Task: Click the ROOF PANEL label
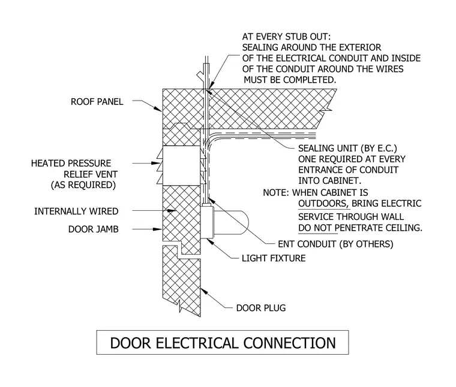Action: pos(97,102)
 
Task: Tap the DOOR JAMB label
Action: pos(94,229)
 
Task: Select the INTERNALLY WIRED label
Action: pos(76,211)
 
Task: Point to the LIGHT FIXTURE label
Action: pos(274,258)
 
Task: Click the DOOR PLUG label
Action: pos(261,308)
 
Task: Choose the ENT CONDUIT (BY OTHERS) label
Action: pos(335,244)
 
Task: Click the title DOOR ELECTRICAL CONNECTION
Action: pos(223,343)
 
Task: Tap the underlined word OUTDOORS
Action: pos(323,204)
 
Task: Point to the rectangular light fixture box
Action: pos(207,222)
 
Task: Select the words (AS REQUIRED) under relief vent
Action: pos(83,185)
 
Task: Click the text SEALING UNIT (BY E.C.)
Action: pos(347,149)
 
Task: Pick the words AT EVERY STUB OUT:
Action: pos(286,37)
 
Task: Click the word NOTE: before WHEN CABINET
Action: pos(276,193)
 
